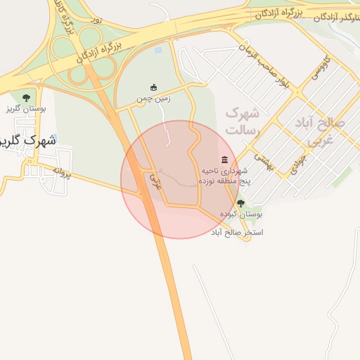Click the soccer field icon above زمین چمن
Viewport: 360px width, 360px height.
154,87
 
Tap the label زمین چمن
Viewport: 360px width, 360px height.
154,99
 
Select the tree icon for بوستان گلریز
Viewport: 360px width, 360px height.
26,98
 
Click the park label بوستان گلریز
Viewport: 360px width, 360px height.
26,109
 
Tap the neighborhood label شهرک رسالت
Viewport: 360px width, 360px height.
243,122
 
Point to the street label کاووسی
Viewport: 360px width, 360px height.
319,72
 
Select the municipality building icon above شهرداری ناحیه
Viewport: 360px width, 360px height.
224,160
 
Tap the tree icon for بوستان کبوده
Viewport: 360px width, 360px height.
241,203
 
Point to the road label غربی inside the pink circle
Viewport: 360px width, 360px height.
155,181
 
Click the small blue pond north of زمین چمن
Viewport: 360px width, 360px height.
157,51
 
